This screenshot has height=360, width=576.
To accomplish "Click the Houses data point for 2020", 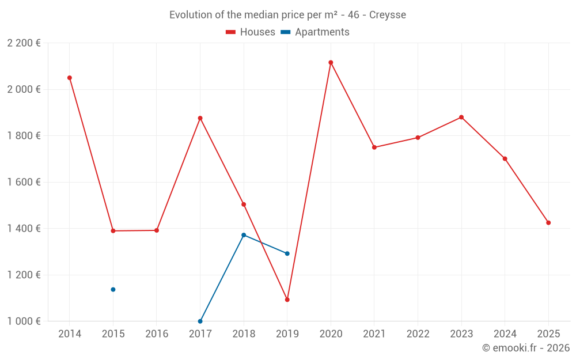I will [331, 63].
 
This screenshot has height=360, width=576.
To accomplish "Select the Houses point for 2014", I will [70, 78].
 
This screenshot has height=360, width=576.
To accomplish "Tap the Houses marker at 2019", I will [287, 300].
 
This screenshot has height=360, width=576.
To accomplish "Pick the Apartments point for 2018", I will [244, 235].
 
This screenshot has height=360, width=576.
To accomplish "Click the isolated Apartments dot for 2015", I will [113, 290].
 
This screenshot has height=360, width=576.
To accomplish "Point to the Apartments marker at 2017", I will [200, 321].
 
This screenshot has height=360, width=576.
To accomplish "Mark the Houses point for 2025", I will [548, 223].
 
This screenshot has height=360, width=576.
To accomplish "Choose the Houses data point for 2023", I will [461, 118].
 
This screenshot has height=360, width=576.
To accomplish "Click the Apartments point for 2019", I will [287, 253].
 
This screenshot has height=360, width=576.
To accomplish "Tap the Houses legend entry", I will [251, 32].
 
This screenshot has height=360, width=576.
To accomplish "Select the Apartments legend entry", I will [316, 32].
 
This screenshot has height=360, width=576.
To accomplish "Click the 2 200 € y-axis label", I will [24, 43].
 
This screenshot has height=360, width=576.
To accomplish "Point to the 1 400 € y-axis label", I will [24, 229].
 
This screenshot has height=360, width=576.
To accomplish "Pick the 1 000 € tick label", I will [24, 321].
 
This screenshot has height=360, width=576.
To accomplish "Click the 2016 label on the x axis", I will [157, 334].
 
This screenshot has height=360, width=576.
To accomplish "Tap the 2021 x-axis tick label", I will [374, 334].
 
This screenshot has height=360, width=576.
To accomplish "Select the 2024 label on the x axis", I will [505, 334].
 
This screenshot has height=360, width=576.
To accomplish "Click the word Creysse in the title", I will [387, 15].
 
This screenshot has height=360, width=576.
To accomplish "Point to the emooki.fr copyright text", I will [525, 348].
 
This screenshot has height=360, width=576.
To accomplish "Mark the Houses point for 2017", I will [200, 118].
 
